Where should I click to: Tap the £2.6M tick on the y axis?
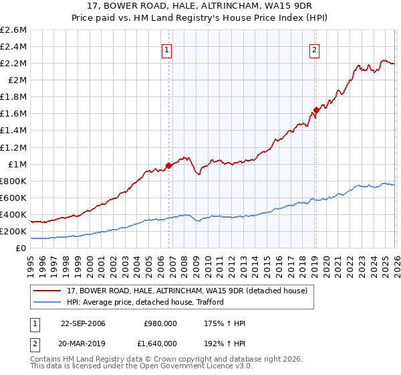point(13,30)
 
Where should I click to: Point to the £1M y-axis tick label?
point(16,164)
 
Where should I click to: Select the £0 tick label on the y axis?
point(21,248)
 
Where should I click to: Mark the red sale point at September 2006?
point(168,166)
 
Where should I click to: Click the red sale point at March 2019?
point(316,110)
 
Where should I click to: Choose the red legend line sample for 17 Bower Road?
point(47,291)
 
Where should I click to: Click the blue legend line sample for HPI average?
point(47,302)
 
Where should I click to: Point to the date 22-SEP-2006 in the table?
point(83,323)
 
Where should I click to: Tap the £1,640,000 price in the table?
point(160,343)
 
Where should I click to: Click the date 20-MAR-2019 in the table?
point(83,343)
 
